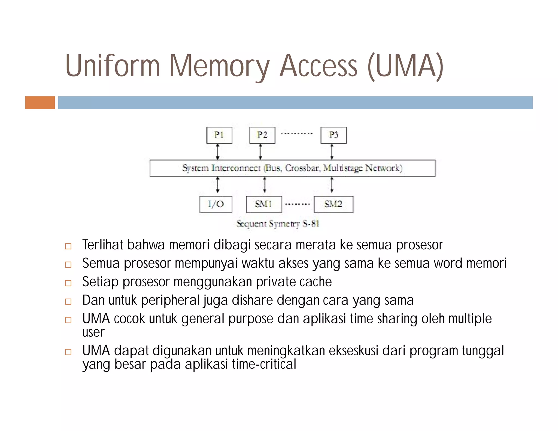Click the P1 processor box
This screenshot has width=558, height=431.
click(x=219, y=135)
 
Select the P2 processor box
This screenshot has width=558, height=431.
click(x=262, y=135)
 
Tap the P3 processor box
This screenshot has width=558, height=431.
click(x=333, y=135)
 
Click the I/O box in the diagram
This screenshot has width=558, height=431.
click(x=216, y=204)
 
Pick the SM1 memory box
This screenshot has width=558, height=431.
click(x=264, y=204)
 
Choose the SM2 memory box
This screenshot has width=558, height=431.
click(x=333, y=204)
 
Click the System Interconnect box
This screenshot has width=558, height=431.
click(x=293, y=168)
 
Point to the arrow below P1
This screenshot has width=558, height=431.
click(x=217, y=152)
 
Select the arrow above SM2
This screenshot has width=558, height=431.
click(x=332, y=185)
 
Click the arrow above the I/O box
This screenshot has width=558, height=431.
click(x=217, y=185)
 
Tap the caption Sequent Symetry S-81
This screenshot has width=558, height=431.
click(x=278, y=224)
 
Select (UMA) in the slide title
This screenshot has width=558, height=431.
click(x=405, y=66)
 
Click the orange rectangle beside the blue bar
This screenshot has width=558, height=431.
click(x=40, y=102)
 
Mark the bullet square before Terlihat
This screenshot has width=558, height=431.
click(x=68, y=246)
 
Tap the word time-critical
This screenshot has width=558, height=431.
click(x=264, y=364)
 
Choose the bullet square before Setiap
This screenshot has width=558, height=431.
click(x=68, y=283)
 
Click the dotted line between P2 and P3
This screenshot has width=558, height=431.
click(x=297, y=133)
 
